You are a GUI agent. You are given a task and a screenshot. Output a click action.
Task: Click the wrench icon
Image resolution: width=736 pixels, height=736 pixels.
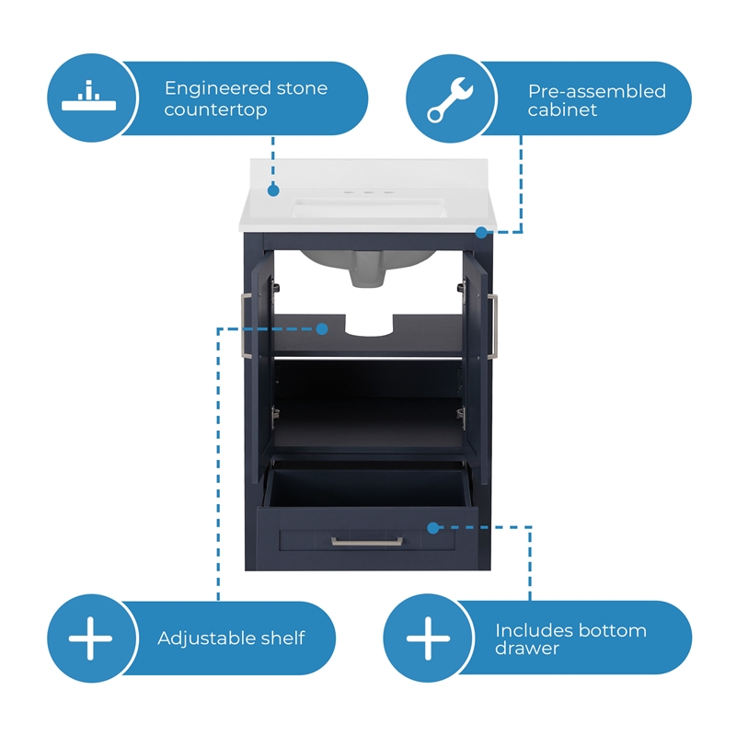[450, 99]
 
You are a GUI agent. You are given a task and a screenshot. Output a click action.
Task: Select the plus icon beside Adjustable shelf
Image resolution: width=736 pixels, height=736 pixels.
[90, 638]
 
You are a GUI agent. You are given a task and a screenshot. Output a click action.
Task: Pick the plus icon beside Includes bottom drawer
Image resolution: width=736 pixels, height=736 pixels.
[428, 638]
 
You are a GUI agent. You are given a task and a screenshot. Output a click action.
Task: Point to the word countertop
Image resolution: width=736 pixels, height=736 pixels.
[216, 109]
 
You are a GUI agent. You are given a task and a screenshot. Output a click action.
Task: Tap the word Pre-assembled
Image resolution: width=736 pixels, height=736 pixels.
[597, 91]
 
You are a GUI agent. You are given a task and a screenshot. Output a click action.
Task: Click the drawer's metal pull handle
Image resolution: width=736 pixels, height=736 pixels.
[367, 542]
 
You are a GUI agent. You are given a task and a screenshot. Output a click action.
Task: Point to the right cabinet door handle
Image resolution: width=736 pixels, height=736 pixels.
[493, 327]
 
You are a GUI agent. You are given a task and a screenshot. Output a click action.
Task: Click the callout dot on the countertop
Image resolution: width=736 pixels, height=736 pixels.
[273, 190]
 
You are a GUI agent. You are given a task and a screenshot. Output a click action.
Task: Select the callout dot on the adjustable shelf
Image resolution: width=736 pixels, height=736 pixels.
[322, 329]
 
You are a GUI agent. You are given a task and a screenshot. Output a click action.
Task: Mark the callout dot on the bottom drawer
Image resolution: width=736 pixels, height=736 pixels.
[433, 528]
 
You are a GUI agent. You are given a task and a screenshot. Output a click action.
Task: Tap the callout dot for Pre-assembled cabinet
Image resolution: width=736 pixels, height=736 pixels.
[481, 233]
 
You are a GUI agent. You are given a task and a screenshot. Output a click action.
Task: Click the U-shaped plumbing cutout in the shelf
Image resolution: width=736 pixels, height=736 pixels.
[369, 325]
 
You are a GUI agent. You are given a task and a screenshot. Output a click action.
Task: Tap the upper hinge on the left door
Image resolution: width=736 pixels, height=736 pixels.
[276, 287]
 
